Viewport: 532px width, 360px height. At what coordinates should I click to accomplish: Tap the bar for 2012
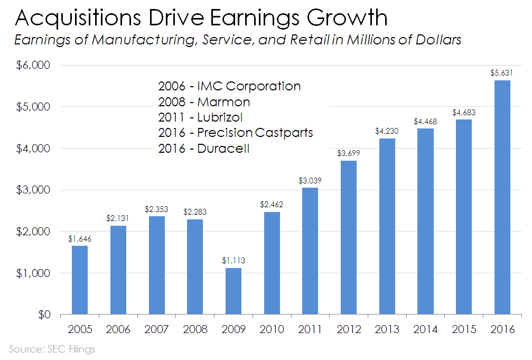pos(349,237)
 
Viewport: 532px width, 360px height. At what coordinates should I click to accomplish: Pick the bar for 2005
pos(80,280)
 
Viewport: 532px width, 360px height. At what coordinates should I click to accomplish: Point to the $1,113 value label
pos(234,261)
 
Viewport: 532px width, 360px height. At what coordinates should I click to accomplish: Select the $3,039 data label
pos(310,181)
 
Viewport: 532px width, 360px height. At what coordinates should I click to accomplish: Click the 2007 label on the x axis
pos(157,329)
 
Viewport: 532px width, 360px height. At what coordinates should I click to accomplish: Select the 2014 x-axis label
pos(426,329)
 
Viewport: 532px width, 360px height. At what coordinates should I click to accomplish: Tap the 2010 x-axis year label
pos(272,329)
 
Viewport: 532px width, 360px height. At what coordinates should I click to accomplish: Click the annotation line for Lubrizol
pos(200,117)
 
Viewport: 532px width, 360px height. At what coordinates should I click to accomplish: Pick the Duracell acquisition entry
pos(203,149)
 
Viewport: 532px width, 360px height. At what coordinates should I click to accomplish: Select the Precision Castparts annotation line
pos(235,133)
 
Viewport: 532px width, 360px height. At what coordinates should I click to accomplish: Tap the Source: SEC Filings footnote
pos(52,349)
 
